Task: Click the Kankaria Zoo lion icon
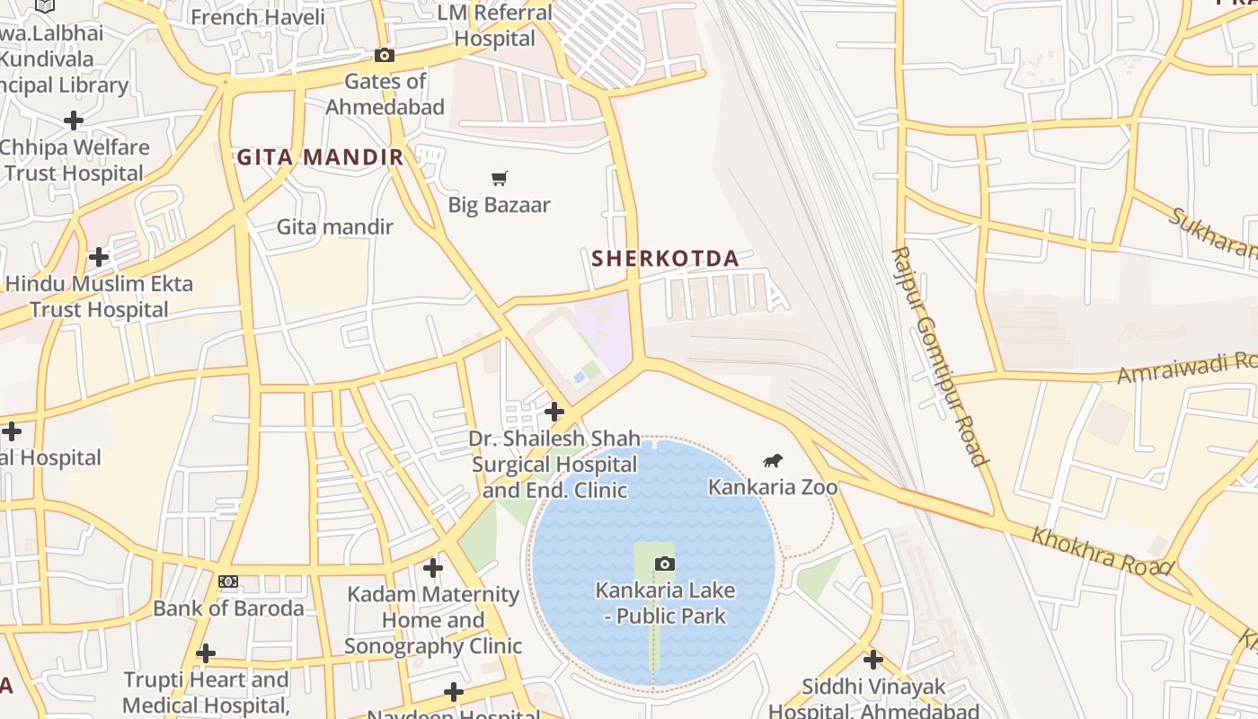pyautogui.click(x=773, y=461)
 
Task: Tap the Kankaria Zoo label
pyautogui.click(x=773, y=487)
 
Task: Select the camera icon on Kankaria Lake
pyautogui.click(x=664, y=564)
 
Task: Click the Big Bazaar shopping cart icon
pyautogui.click(x=500, y=178)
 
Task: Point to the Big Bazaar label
pyautogui.click(x=499, y=205)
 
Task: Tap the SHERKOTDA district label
pyautogui.click(x=665, y=259)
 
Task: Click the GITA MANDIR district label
pyautogui.click(x=320, y=158)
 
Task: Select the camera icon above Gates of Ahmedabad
pyautogui.click(x=385, y=56)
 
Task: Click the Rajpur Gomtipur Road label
pyautogui.click(x=940, y=356)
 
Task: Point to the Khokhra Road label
pyautogui.click(x=1102, y=551)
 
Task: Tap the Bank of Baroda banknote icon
pyautogui.click(x=228, y=581)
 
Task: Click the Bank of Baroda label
pyautogui.click(x=228, y=608)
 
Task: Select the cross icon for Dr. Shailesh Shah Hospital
pyautogui.click(x=554, y=412)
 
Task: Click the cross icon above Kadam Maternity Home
pyautogui.click(x=433, y=567)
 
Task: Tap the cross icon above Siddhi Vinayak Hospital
pyautogui.click(x=873, y=660)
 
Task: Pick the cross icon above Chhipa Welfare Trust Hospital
pyautogui.click(x=74, y=120)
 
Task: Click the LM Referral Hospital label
pyautogui.click(x=495, y=26)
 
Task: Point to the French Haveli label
pyautogui.click(x=244, y=17)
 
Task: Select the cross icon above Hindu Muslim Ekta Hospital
pyautogui.click(x=99, y=257)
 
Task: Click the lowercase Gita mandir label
pyautogui.click(x=334, y=226)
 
